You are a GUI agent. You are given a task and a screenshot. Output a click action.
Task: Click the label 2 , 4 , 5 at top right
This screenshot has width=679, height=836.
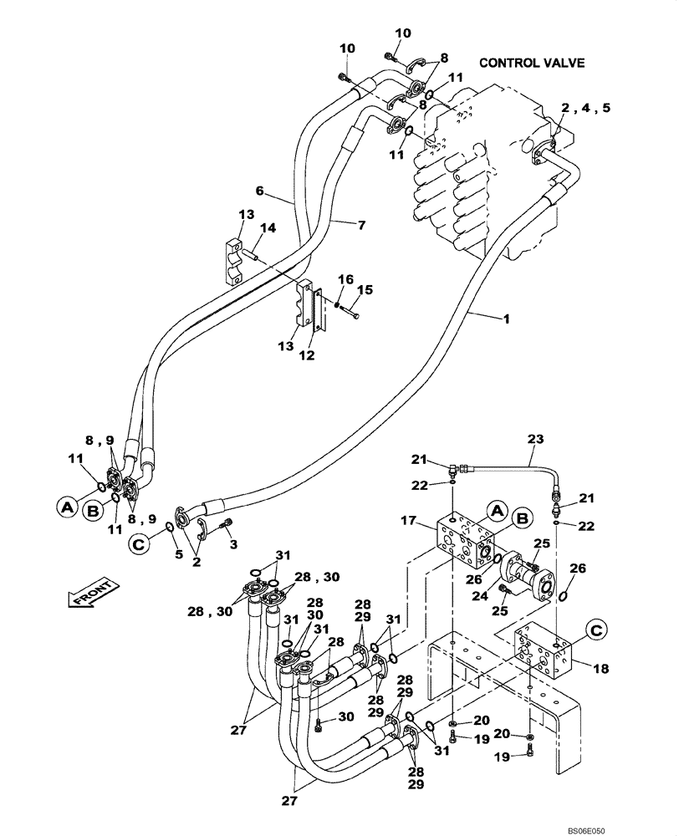pyautogui.click(x=585, y=107)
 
